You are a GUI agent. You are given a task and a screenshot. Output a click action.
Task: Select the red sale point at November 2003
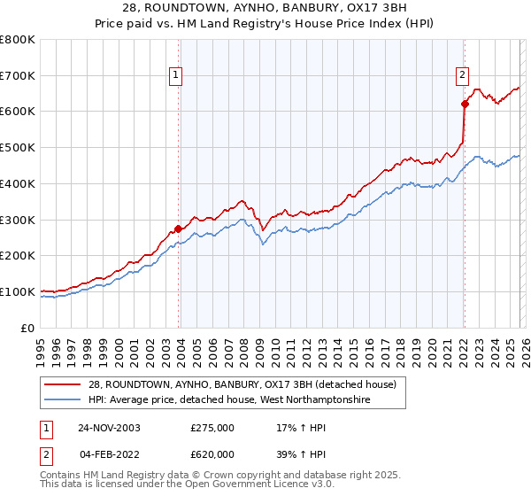pyautogui.click(x=179, y=229)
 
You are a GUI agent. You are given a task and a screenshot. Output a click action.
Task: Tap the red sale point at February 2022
pyautogui.click(x=464, y=104)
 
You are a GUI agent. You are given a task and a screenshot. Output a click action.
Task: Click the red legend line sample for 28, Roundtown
pyautogui.click(x=62, y=384)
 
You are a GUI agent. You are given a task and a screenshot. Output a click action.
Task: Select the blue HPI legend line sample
pyautogui.click(x=62, y=399)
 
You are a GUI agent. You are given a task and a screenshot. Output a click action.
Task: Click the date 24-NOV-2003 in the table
pyautogui.click(x=109, y=428)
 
